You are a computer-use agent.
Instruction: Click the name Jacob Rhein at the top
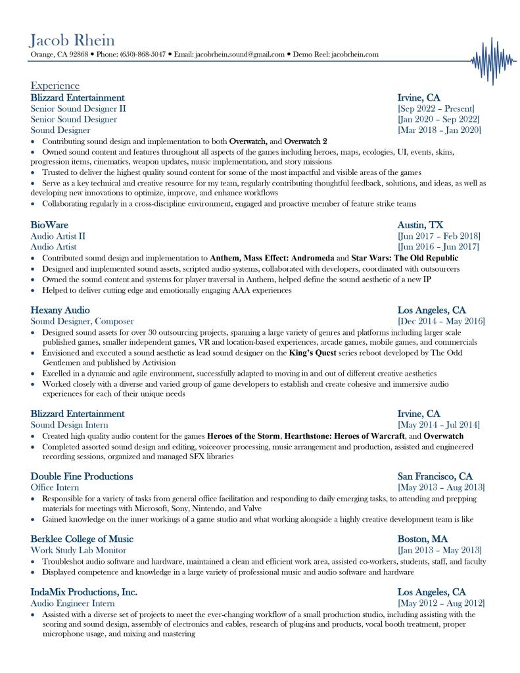point(72,39)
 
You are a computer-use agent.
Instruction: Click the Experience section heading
point(55,86)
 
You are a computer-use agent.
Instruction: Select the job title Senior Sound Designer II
point(78,109)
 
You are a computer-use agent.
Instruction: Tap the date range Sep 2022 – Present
point(436,109)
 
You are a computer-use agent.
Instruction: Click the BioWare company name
point(49,224)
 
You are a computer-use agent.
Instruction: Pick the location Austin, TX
point(420,224)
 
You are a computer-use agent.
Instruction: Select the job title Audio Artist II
point(58,236)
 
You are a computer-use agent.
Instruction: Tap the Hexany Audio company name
point(60,310)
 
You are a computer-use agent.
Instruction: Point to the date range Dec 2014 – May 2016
point(441,321)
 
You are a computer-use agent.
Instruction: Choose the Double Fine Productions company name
point(82,476)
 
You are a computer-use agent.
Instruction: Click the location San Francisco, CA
point(435,476)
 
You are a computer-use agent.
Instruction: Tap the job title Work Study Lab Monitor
point(78,550)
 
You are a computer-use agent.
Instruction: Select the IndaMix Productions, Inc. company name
point(83,591)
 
